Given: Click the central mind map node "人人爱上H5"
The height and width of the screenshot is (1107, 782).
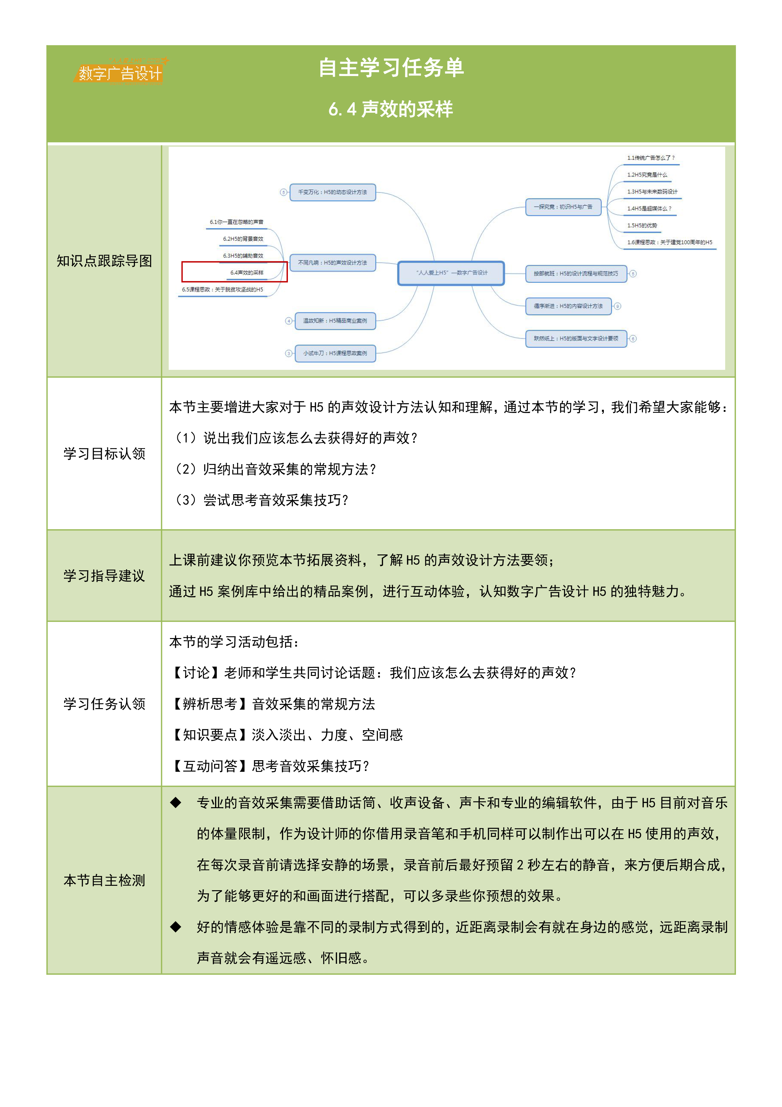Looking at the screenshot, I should click(x=451, y=273).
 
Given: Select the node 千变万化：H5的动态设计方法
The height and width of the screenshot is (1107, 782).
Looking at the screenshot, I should click(x=332, y=192).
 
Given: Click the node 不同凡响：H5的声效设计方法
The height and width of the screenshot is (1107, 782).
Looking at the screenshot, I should click(x=332, y=263).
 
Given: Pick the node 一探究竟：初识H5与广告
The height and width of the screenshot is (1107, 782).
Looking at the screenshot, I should click(x=563, y=207).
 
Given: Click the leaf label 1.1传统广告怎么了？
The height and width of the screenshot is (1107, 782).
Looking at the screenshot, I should click(x=651, y=158).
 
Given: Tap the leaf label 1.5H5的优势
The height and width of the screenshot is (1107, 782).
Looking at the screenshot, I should click(x=642, y=225).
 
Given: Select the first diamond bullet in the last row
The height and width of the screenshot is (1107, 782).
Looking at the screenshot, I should click(x=175, y=802).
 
